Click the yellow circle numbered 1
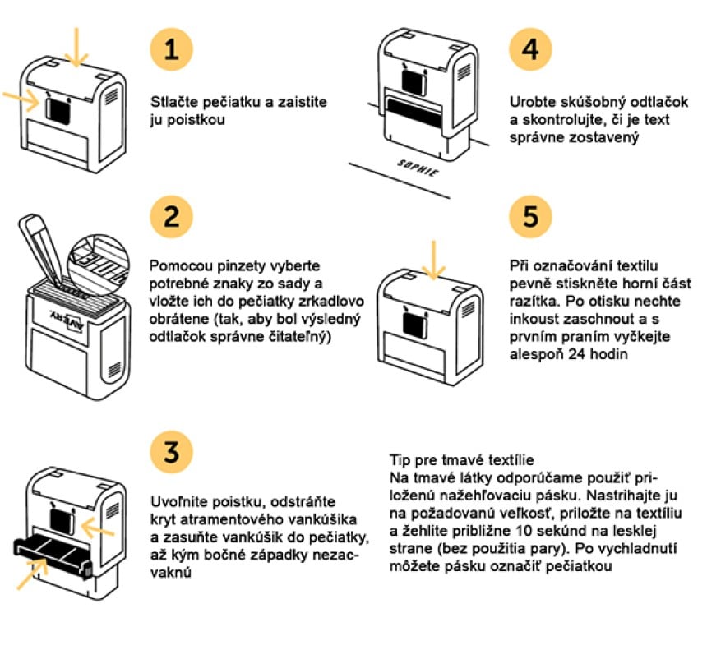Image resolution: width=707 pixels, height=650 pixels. coord(171,48)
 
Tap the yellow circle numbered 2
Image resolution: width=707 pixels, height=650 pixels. coord(171,216)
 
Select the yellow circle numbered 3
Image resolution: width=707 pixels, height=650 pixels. coord(171,452)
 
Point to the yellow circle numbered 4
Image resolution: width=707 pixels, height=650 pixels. coord(531,48)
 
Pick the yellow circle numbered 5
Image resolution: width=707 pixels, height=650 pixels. coord(531,216)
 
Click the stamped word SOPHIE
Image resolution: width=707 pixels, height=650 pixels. coord(418,168)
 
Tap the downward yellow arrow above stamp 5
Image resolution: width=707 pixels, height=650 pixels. coord(433,260)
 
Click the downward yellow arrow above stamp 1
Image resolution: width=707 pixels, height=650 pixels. coord(76,47)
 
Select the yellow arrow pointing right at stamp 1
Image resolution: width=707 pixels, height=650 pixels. coord(21,99)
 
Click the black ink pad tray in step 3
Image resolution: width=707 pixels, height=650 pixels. coord(53,556)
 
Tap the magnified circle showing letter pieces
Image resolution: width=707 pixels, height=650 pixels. coord(99,261)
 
